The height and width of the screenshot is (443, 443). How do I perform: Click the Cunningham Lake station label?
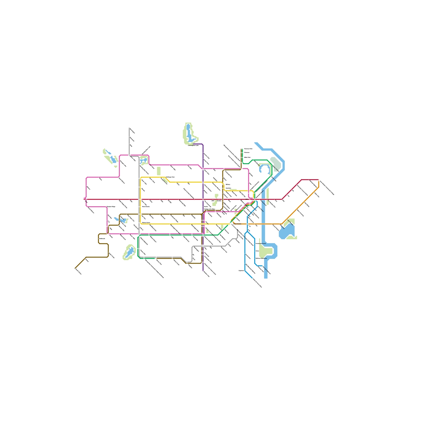(193, 145)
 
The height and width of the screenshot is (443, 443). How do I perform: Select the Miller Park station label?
(247, 157)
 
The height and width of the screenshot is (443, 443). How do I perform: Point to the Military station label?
(228, 184)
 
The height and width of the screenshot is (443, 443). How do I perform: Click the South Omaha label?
(237, 224)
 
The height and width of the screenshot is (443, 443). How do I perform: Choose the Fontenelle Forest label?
(261, 244)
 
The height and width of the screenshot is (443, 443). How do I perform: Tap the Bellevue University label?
(261, 258)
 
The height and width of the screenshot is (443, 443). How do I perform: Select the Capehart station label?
(241, 271)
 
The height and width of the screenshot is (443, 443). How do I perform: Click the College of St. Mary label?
(209, 209)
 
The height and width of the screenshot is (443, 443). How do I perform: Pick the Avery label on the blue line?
(257, 251)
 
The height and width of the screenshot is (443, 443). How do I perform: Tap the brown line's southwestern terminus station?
(75, 268)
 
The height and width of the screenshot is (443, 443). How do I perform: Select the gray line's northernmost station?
(129, 128)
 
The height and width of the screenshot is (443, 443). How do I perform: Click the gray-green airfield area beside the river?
(276, 163)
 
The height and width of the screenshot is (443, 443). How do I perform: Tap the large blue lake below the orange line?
(287, 231)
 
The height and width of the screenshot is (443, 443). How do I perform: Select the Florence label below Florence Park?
(247, 153)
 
